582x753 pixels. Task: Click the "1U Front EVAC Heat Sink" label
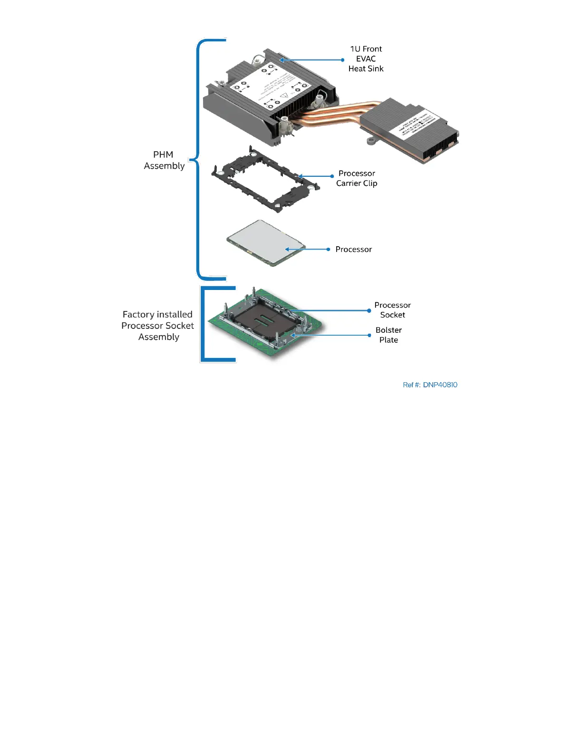[366, 59]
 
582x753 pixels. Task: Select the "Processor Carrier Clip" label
[357, 178]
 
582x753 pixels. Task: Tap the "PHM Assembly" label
[164, 160]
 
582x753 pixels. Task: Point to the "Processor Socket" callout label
[392, 310]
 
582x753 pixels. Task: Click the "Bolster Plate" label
[388, 335]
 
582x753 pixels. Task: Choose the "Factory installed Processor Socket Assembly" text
[158, 326]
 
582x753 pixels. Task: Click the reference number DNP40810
[430, 385]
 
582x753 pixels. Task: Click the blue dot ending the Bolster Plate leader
[369, 335]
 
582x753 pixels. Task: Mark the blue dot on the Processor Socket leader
[369, 310]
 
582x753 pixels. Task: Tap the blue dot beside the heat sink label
[343, 60]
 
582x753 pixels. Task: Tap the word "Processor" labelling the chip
[353, 249]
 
